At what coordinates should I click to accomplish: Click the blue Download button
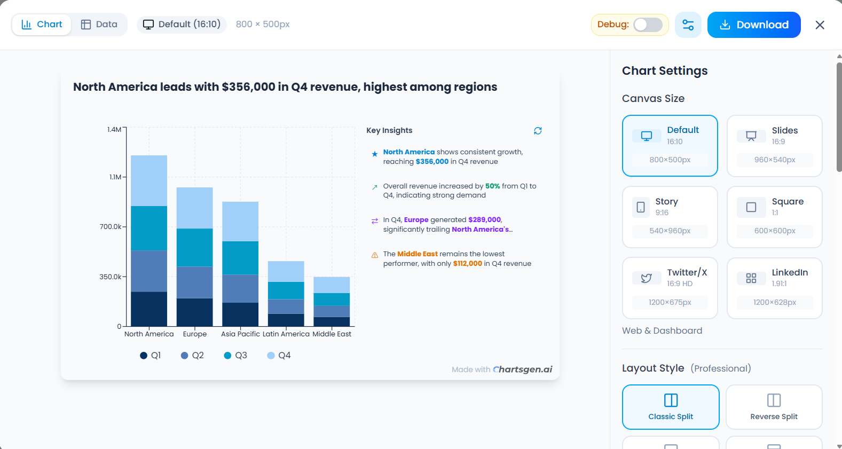click(x=753, y=25)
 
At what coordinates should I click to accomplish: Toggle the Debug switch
click(x=648, y=25)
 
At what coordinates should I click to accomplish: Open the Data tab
click(x=99, y=25)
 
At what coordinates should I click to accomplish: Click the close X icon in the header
click(x=820, y=25)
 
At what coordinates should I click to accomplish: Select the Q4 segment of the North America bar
click(x=149, y=180)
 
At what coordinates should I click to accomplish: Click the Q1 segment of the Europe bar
click(x=194, y=312)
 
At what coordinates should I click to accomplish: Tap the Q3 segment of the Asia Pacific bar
click(x=240, y=258)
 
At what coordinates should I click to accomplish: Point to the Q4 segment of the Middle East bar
click(x=332, y=285)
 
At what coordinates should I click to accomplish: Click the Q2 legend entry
click(x=192, y=356)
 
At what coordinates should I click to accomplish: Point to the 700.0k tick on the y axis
click(x=111, y=227)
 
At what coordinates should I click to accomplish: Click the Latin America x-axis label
click(x=286, y=334)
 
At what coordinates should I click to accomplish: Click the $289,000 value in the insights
click(x=484, y=220)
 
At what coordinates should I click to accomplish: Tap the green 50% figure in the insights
click(x=492, y=186)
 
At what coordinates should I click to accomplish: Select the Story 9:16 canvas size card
click(x=670, y=217)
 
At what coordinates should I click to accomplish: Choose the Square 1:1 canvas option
click(x=774, y=217)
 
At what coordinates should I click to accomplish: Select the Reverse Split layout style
click(x=773, y=407)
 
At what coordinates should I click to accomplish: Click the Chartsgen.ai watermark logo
click(x=522, y=369)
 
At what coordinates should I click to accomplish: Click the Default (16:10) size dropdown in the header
click(x=182, y=25)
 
